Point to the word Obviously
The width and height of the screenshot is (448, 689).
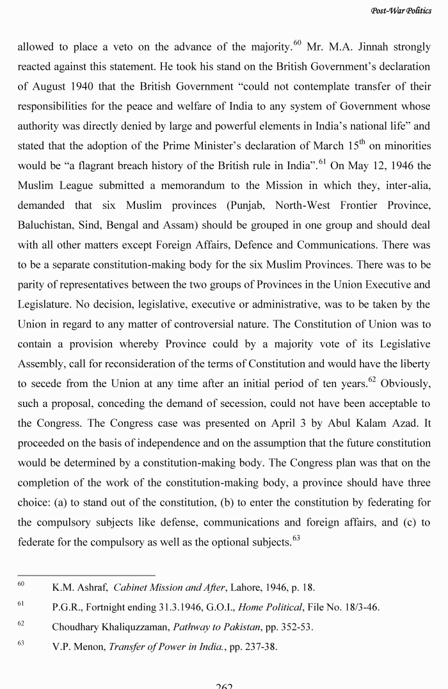[405, 384]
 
